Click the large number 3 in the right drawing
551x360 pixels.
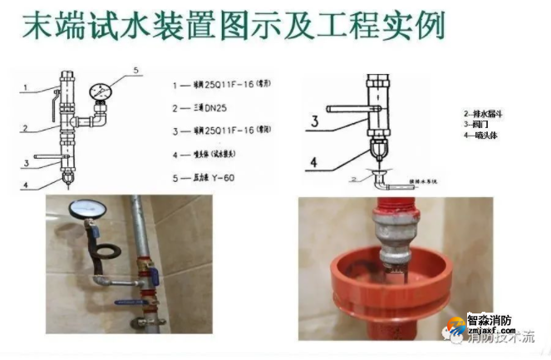[x=315, y=123]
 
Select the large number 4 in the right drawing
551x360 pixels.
[x=315, y=160]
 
